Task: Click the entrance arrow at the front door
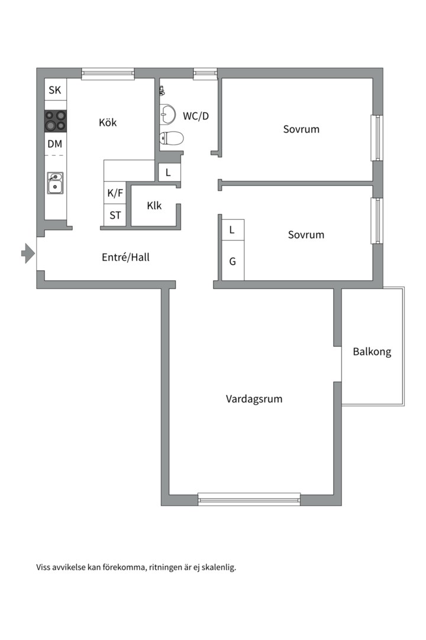28,254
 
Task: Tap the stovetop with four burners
56,121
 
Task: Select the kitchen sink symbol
55,183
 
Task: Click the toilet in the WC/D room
172,138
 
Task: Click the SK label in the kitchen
55,91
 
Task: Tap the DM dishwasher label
55,144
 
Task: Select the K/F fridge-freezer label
115,193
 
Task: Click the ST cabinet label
115,215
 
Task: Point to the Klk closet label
154,206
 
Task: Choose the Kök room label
108,123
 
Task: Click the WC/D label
196,116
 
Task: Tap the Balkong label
372,352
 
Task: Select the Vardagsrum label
254,399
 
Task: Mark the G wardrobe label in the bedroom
233,260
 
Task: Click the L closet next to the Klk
169,173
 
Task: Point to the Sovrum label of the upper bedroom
301,129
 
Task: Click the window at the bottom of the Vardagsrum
249,499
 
